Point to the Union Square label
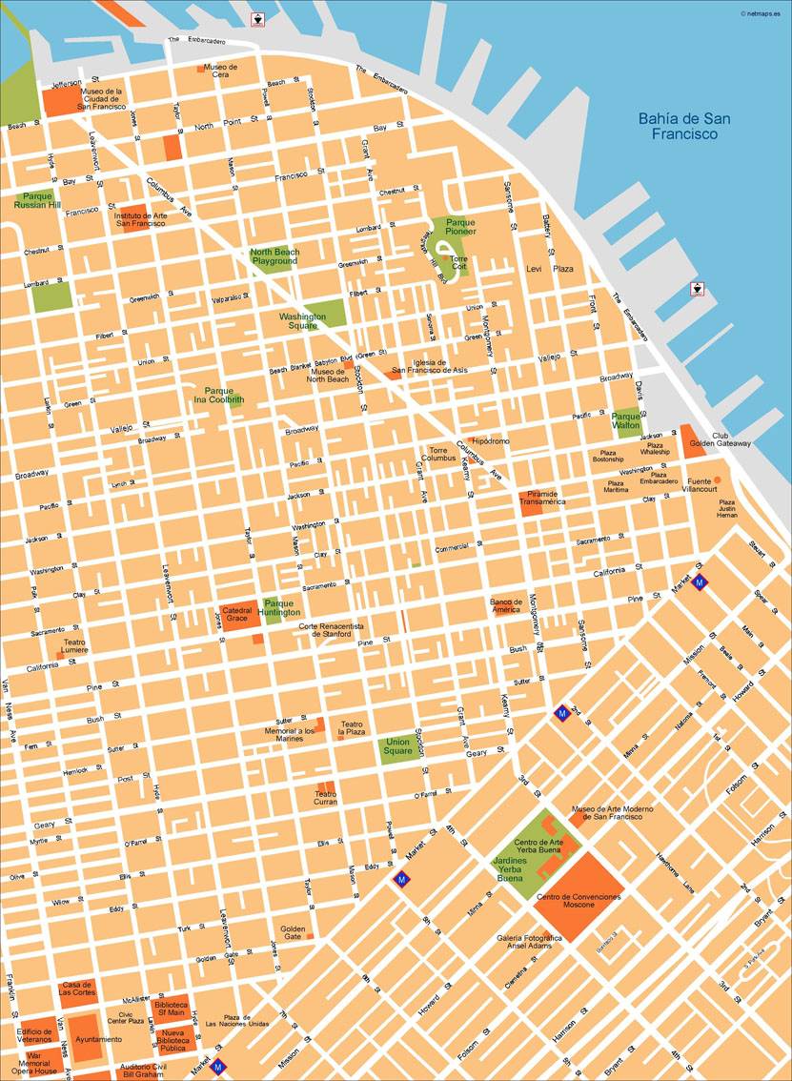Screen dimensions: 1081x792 pos(397,746)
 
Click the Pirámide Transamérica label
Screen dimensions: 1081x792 pos(546,498)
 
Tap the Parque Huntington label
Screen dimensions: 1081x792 pos(282,607)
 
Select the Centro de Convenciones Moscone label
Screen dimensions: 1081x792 pos(579,901)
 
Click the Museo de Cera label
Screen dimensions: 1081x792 pos(221,71)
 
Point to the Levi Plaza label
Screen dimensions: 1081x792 pos(550,269)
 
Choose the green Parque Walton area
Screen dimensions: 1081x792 pos(626,420)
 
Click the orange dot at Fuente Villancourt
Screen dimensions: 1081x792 pos(718,479)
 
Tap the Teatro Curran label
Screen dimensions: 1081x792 pos(325,798)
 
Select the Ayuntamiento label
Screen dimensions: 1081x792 pos(98,1039)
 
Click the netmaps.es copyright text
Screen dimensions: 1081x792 pos(763,12)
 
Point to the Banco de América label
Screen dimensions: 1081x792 pos(506,606)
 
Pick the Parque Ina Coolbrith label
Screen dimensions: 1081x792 pos(218,396)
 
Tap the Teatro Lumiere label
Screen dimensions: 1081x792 pos(75,645)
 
